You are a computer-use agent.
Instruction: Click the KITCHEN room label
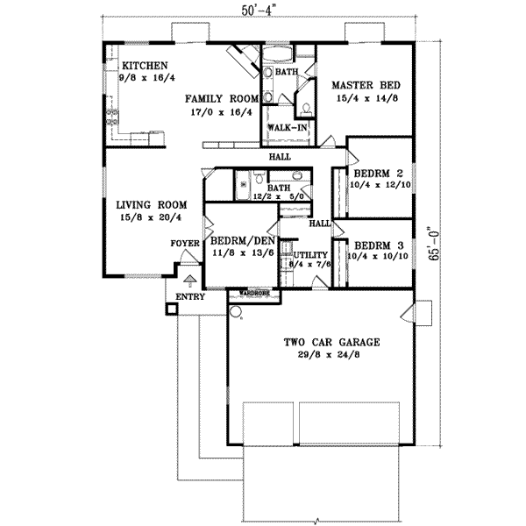(144, 66)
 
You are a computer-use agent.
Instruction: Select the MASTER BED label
(366, 85)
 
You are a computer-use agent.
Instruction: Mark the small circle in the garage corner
(235, 309)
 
